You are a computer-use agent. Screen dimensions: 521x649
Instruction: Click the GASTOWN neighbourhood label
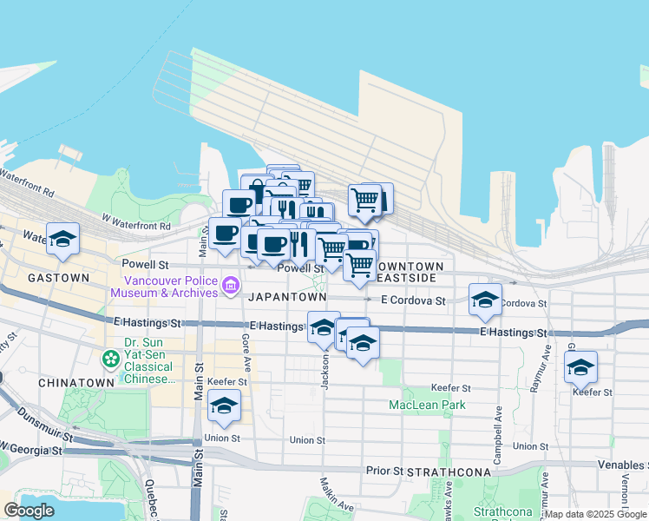(x=58, y=278)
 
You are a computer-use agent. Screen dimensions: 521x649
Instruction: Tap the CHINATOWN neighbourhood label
(x=76, y=382)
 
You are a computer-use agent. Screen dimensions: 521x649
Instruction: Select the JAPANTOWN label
(x=288, y=297)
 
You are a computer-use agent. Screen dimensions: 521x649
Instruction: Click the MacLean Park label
(x=427, y=405)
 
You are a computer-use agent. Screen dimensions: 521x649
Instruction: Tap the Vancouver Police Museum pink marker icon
(x=230, y=285)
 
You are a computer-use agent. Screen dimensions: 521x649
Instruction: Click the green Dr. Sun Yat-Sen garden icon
(x=111, y=357)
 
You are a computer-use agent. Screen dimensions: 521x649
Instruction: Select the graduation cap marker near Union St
(x=225, y=406)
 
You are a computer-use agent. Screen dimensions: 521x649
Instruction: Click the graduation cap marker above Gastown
(x=63, y=239)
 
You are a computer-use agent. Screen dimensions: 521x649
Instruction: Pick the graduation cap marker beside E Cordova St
(x=485, y=300)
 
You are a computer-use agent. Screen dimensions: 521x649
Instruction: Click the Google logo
(x=29, y=511)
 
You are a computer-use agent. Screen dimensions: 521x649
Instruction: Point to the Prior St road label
(x=383, y=472)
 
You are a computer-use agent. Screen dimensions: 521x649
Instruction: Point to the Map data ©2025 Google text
(x=595, y=514)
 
